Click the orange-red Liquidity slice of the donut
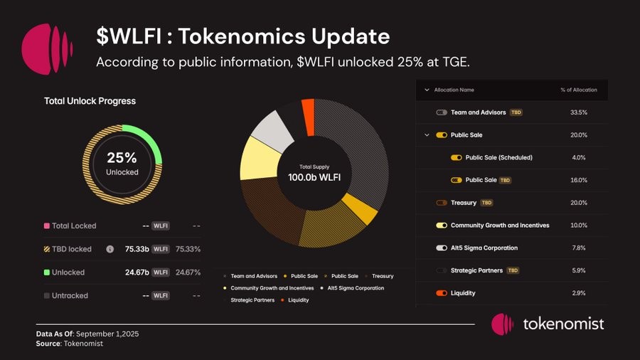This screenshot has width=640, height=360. (308, 115)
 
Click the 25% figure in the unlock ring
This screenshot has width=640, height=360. (122, 158)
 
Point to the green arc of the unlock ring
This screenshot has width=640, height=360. (151, 142)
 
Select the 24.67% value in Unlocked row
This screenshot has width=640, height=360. (188, 272)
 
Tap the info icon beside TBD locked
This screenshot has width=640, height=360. (110, 249)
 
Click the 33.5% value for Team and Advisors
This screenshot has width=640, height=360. (578, 112)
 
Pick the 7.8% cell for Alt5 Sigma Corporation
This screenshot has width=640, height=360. (578, 248)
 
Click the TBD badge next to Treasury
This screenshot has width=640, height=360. (486, 203)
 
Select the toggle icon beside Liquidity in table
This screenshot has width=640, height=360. (442, 293)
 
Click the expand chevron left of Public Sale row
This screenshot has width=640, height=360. (427, 134)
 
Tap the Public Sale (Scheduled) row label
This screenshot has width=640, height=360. (498, 157)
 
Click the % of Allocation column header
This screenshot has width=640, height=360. (578, 90)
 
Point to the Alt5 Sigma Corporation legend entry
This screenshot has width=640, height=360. (356, 288)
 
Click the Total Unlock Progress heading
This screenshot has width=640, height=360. (90, 101)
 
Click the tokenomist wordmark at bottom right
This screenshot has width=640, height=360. (563, 324)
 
